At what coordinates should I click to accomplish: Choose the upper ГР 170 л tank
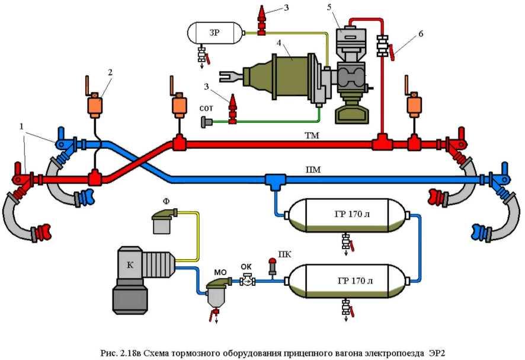(345, 215)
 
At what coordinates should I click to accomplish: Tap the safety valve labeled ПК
(273, 267)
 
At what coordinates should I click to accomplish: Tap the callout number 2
(110, 71)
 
